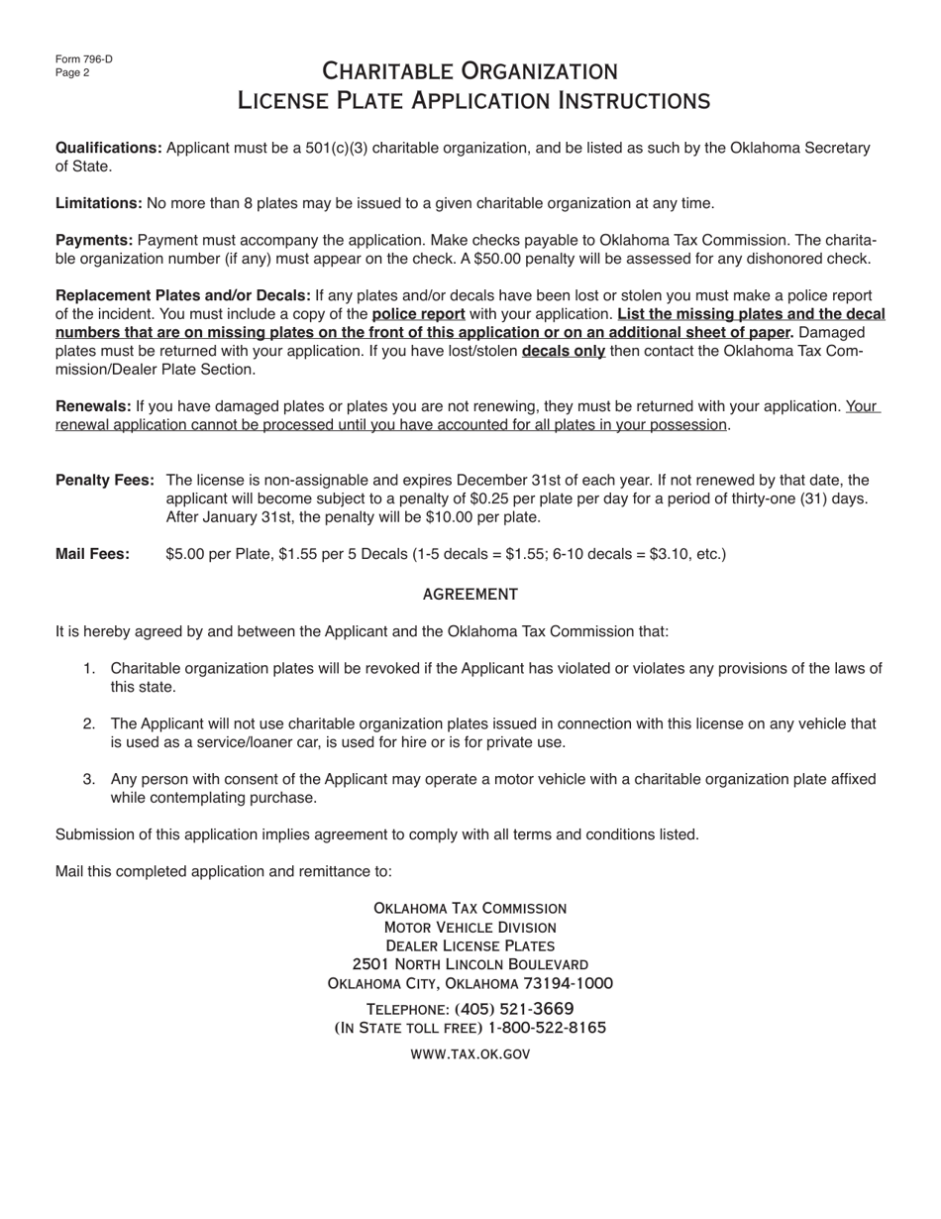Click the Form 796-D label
point(84,59)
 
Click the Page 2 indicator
point(72,72)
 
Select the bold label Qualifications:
point(109,148)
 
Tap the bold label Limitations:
point(99,203)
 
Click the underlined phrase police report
point(418,314)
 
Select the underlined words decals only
point(564,351)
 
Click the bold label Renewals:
point(93,406)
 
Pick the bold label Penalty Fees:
point(105,481)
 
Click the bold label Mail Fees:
point(92,554)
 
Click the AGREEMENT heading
point(470,595)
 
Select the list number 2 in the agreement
point(89,724)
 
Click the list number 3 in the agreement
point(89,780)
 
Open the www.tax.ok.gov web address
point(470,1053)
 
